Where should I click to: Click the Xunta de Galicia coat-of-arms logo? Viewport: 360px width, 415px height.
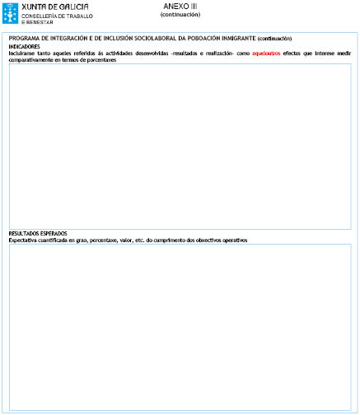9,12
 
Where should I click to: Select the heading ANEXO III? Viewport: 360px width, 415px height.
180,6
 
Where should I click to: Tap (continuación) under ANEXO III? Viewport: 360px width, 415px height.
180,14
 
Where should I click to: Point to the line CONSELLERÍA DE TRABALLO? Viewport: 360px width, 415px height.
57,16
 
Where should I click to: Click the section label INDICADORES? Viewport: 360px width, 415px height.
24,47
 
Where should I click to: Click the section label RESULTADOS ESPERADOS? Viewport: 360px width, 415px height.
38,234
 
